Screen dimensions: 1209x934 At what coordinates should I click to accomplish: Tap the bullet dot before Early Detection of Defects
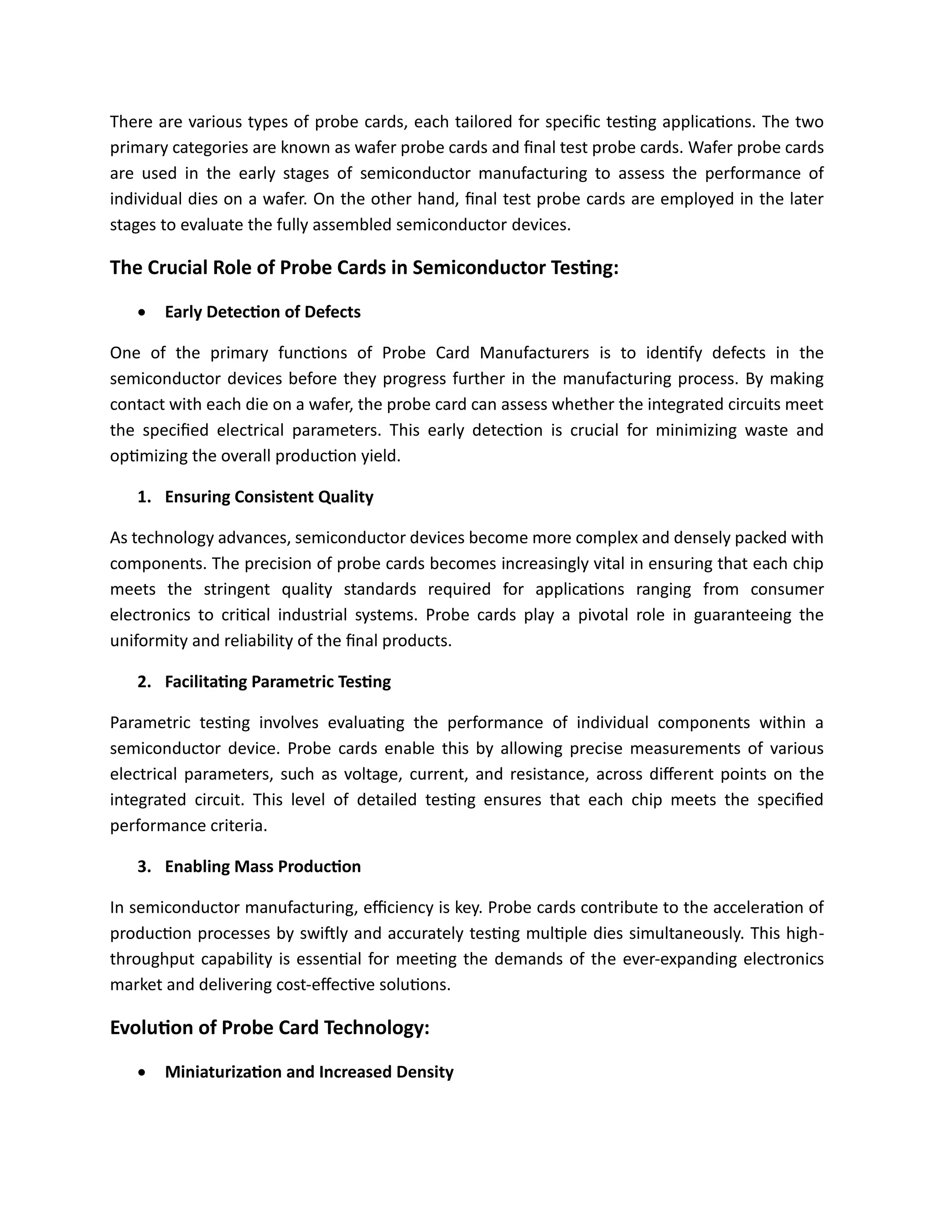[x=143, y=313]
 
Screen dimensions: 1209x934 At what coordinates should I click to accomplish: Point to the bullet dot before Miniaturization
[x=143, y=1072]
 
